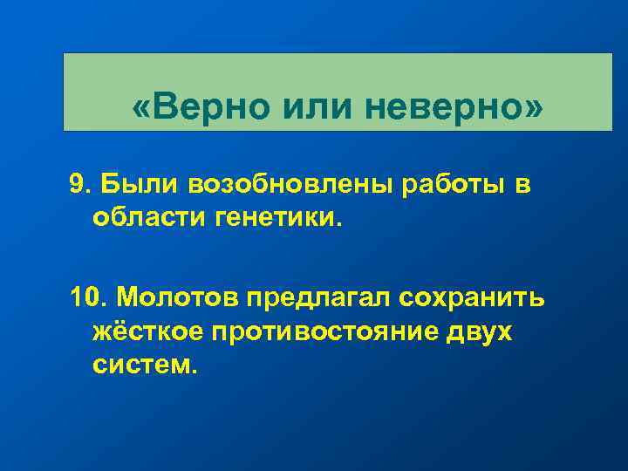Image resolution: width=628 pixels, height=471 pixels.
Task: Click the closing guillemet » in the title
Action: [533, 108]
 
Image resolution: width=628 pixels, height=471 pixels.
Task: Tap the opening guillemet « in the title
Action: [140, 108]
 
